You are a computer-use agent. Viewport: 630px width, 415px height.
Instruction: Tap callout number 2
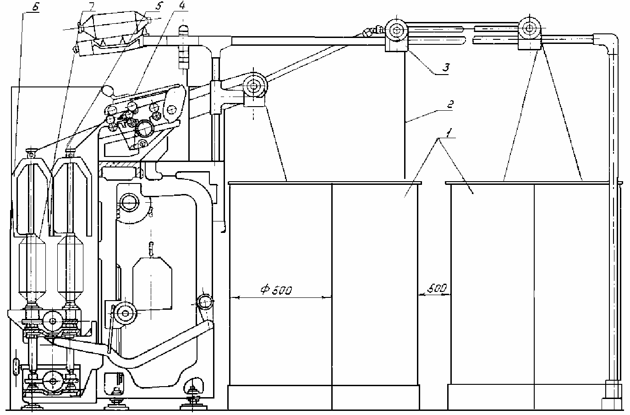[x=449, y=104]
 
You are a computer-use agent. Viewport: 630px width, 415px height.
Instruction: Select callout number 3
[x=446, y=68]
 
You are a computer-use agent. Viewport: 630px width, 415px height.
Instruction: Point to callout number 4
[x=182, y=5]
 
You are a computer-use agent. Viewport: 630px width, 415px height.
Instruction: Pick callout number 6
[x=35, y=7]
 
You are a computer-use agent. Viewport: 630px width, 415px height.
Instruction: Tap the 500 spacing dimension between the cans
[x=437, y=288]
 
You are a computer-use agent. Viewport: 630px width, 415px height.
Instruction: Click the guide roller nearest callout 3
[x=397, y=30]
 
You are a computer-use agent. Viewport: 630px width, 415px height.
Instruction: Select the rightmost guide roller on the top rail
[x=530, y=28]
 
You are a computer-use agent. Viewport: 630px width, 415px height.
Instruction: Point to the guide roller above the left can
[x=254, y=85]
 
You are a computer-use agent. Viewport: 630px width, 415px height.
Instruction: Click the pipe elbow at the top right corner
[x=609, y=42]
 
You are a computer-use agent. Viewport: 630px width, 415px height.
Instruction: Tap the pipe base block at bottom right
[x=612, y=394]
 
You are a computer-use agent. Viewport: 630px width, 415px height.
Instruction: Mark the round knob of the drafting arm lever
[x=107, y=91]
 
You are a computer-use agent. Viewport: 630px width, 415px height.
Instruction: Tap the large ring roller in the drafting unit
[x=145, y=129]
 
